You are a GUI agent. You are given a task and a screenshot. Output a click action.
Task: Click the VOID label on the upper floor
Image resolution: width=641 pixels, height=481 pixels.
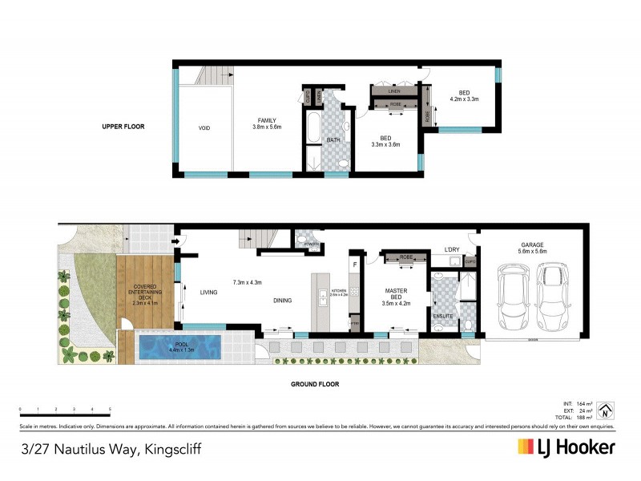click(x=205, y=127)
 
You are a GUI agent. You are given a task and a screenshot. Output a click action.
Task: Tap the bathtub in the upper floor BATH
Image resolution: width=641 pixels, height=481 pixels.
click(x=312, y=129)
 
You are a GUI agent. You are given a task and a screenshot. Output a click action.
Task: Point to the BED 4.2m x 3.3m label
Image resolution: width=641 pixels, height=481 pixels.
click(x=465, y=95)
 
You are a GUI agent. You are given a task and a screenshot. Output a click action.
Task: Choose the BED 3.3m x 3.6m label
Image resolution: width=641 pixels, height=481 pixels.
click(x=385, y=141)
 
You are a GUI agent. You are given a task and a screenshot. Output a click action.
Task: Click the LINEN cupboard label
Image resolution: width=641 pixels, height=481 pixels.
click(x=393, y=92)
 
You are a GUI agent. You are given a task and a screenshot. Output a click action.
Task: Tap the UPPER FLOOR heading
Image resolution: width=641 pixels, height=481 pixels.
click(x=122, y=127)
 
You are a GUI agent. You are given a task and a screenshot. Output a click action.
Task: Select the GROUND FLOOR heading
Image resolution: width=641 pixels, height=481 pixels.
click(x=315, y=384)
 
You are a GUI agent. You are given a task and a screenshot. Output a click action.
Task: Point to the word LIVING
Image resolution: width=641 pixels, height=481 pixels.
click(x=208, y=293)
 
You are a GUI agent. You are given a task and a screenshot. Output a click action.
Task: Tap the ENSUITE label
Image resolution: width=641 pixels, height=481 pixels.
click(x=442, y=317)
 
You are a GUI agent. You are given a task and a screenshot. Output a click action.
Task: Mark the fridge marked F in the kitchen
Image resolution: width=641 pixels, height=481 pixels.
click(x=353, y=265)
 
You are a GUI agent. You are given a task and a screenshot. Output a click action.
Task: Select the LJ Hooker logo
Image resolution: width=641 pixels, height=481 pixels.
click(x=566, y=447)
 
